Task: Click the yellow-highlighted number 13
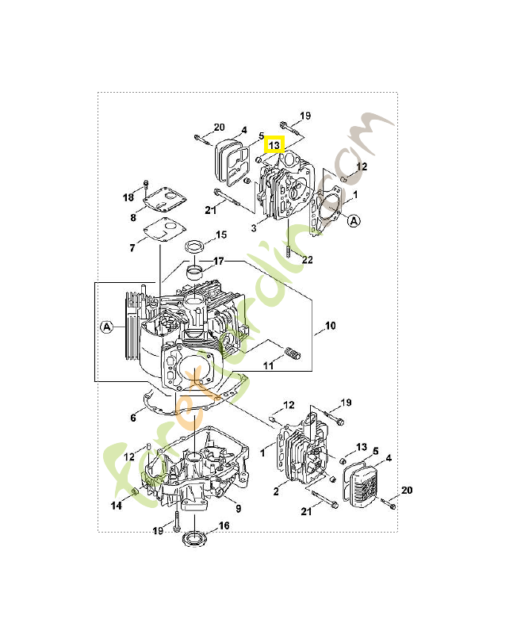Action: click(x=274, y=145)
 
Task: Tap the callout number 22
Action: click(x=308, y=260)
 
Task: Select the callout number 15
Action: click(x=221, y=235)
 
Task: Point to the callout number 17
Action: click(x=218, y=262)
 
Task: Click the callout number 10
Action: click(x=331, y=326)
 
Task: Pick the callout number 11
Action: click(x=269, y=366)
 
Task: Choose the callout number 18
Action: click(x=128, y=197)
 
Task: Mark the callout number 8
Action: click(x=133, y=218)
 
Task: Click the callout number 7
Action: click(x=132, y=248)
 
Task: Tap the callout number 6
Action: click(x=133, y=418)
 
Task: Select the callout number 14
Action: click(x=117, y=506)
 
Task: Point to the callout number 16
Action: click(x=224, y=525)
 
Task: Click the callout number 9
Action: click(x=238, y=509)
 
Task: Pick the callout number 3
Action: click(x=254, y=228)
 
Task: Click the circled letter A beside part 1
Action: click(x=354, y=221)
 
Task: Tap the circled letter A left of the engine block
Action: click(x=107, y=327)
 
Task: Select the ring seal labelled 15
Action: click(x=195, y=246)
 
